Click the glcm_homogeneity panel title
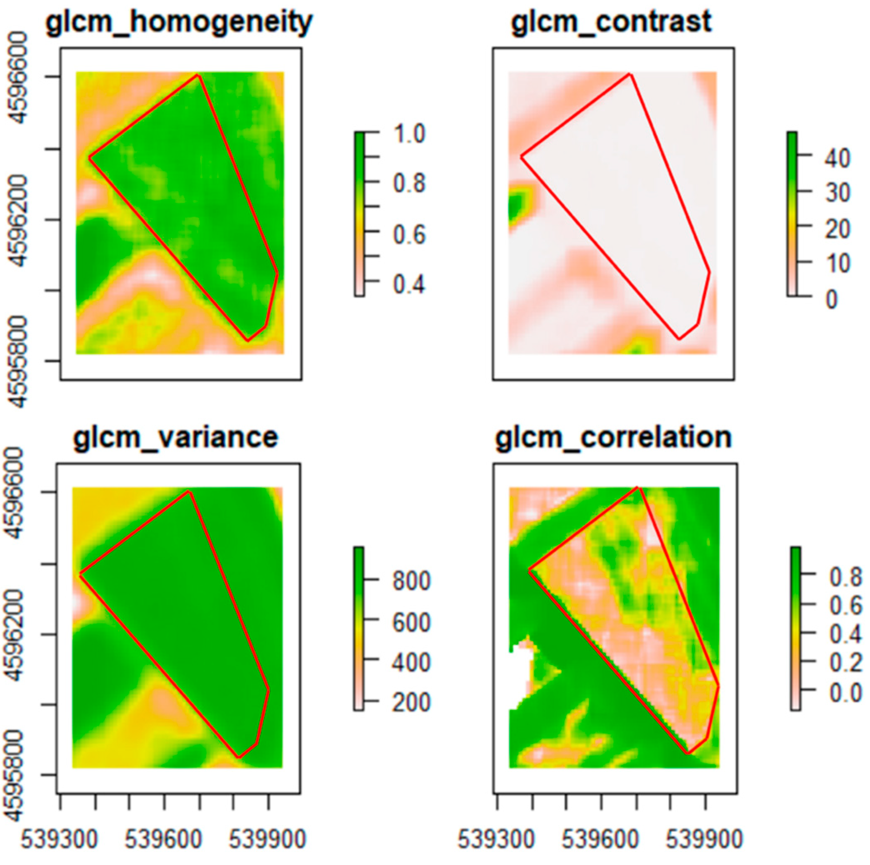(x=179, y=22)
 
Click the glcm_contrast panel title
(x=611, y=22)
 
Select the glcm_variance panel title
(x=175, y=437)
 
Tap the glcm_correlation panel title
(x=613, y=437)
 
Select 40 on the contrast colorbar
(x=837, y=158)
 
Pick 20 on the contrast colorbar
(x=837, y=229)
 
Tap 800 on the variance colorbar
(x=411, y=581)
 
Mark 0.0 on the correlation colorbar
(x=845, y=693)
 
